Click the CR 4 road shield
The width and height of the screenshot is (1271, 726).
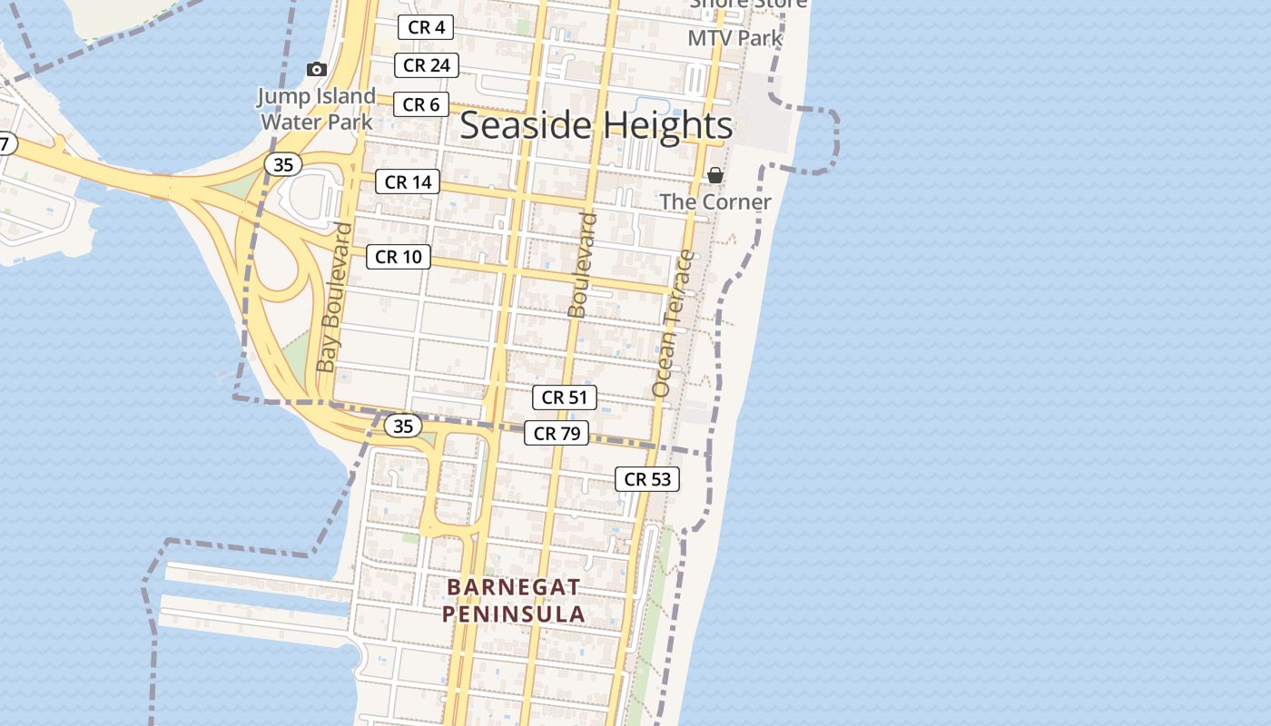426,27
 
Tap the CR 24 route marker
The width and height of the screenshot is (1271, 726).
426,65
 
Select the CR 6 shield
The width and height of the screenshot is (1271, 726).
420,104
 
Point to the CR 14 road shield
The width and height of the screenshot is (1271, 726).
408,181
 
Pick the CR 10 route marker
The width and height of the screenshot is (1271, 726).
398,257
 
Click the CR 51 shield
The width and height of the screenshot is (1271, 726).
564,397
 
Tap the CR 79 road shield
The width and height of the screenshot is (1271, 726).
557,433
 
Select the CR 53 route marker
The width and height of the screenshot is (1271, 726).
646,479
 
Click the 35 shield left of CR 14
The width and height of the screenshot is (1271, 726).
283,164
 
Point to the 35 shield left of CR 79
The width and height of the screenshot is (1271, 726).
402,426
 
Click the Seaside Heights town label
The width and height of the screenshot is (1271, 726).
596,125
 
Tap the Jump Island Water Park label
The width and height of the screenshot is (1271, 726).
316,108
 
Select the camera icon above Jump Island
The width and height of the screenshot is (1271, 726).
316,69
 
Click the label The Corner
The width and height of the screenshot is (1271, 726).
715,201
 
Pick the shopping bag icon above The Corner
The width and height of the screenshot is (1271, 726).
715,175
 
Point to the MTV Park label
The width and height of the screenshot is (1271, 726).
734,38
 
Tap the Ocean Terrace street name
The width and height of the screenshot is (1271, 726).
673,323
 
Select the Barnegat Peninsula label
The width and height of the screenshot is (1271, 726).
514,600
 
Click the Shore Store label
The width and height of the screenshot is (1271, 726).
748,5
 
